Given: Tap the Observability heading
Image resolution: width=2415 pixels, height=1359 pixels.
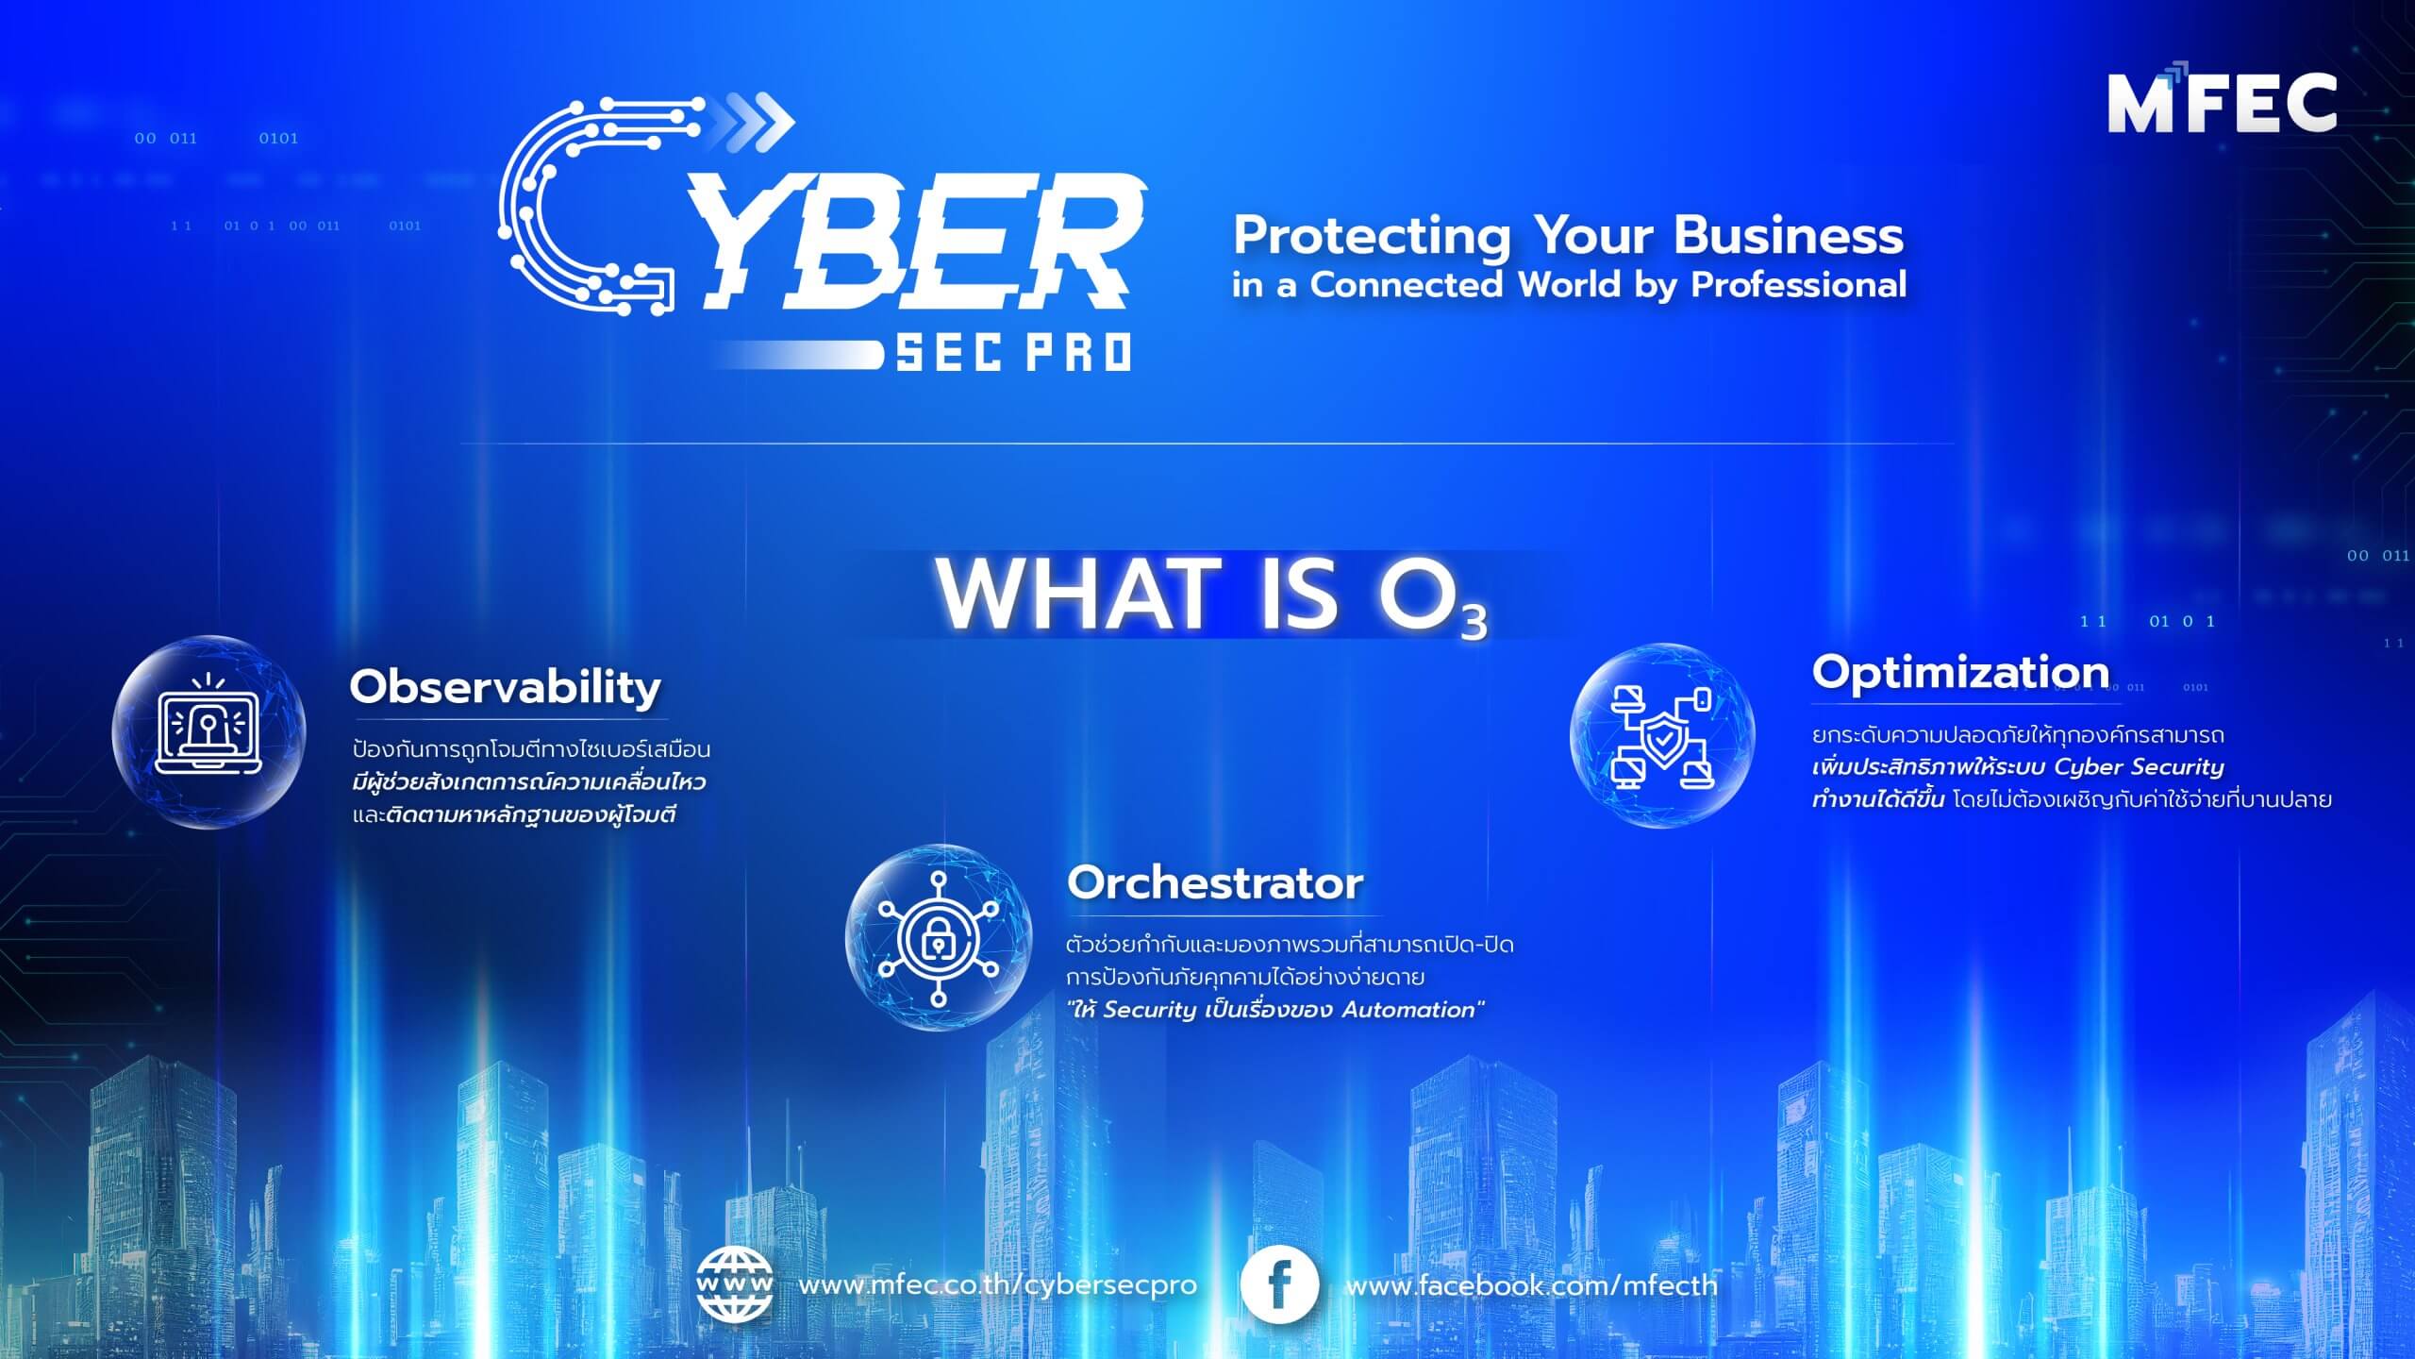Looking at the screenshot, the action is [506, 686].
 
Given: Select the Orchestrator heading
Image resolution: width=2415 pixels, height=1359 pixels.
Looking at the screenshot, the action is [1215, 883].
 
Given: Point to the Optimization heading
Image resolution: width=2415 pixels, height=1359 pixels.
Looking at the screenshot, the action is [1960, 672].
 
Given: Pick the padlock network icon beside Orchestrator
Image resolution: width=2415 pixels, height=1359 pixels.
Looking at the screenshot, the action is [938, 937].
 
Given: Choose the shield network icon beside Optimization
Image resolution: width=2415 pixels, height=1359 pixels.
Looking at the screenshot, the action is [1662, 735].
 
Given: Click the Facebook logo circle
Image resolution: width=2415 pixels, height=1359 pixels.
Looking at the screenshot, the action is [1279, 1284].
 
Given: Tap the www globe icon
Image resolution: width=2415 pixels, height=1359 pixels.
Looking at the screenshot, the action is [734, 1284].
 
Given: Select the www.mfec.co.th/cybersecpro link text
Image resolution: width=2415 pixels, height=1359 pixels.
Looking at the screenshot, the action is [997, 1285].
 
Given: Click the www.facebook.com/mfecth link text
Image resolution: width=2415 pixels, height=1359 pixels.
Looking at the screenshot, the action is [1531, 1285].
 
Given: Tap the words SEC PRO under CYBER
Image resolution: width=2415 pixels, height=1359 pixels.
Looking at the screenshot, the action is [1012, 352].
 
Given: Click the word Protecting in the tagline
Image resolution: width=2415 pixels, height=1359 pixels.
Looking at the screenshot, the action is [1372, 236].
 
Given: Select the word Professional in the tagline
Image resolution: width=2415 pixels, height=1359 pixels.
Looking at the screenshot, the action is [1798, 285].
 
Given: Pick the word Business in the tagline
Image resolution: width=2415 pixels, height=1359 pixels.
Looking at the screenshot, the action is [1789, 236].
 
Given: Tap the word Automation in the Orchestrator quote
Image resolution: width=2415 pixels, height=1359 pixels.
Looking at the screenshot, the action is [1408, 1010].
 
